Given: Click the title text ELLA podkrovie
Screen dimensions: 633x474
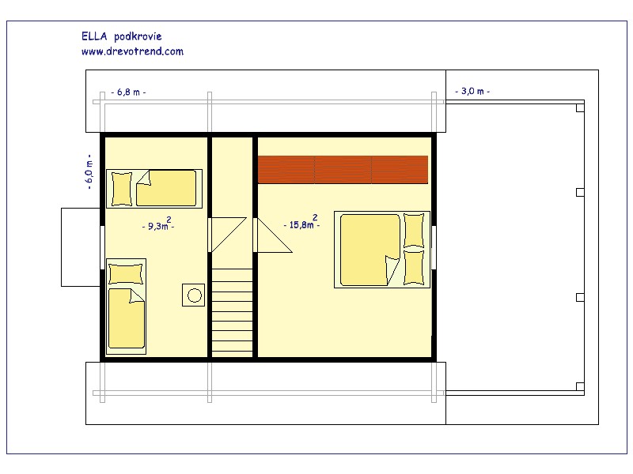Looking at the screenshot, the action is [x=122, y=36].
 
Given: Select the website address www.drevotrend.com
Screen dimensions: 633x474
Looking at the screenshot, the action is [x=132, y=51].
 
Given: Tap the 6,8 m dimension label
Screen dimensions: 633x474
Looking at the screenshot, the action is [x=128, y=92].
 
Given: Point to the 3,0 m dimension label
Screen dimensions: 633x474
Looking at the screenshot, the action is [x=472, y=91].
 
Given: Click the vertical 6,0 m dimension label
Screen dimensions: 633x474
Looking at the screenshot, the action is [x=89, y=171].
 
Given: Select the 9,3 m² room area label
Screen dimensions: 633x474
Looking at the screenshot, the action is [x=158, y=224].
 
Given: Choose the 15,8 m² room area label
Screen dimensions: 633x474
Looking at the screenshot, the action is [x=302, y=223].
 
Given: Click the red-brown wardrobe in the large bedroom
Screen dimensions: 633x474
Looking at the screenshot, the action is [x=343, y=170].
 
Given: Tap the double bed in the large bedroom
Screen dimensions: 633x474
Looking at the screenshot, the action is [x=382, y=250].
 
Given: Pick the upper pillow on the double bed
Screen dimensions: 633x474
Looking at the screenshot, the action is [x=414, y=231].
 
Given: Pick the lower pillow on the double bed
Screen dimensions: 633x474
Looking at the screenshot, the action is [x=414, y=268].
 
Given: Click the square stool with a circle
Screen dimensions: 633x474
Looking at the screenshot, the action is [x=193, y=295].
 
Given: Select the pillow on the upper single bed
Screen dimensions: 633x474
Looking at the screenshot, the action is [x=122, y=189].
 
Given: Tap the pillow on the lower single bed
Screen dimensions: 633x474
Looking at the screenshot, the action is [x=126, y=274].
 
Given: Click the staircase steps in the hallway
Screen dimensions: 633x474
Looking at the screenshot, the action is [x=232, y=312].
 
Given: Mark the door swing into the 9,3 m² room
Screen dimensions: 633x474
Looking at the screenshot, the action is [x=227, y=235].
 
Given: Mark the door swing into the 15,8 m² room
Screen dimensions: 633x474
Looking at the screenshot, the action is [x=273, y=235].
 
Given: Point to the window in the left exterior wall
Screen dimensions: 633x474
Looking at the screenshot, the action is [x=103, y=247].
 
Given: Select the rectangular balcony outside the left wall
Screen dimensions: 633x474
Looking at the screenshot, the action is [x=81, y=247].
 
